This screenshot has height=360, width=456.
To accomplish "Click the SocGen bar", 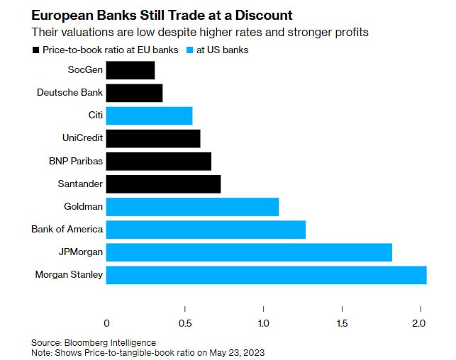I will (x=130, y=70).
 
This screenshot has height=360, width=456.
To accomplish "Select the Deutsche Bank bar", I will (x=135, y=93).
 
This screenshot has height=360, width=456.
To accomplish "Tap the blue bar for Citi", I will (x=149, y=116).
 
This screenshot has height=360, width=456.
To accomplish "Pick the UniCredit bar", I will (x=153, y=138).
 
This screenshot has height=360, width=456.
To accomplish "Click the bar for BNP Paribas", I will (x=159, y=161).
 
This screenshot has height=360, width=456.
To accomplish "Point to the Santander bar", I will (x=163, y=184).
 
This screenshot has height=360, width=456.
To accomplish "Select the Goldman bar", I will (x=192, y=206).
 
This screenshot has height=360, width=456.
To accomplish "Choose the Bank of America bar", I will (x=206, y=229).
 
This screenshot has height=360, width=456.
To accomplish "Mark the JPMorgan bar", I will (x=249, y=252).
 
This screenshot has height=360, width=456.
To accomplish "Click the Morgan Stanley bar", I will (x=266, y=274).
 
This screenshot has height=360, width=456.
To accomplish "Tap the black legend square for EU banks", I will (x=35, y=50).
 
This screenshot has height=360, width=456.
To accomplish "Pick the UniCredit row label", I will (x=83, y=138).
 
